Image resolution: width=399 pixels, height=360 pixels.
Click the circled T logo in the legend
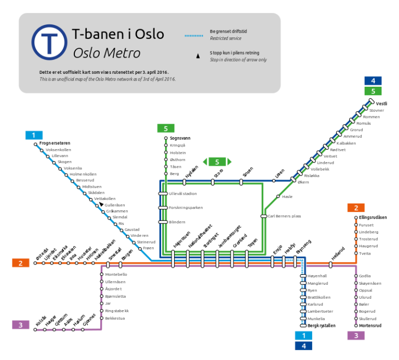[49, 42]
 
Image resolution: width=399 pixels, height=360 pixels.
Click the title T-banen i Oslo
[118, 34]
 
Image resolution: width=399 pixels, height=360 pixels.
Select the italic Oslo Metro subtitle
[107, 53]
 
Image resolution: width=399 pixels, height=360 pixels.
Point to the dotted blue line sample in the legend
[194, 36]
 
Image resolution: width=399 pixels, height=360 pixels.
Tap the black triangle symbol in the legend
[197, 56]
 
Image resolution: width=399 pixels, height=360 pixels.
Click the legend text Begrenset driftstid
[228, 32]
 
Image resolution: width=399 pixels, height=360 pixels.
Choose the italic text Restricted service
[225, 38]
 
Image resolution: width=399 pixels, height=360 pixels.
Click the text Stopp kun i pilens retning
[234, 53]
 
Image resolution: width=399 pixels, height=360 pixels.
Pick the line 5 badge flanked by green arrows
[217, 162]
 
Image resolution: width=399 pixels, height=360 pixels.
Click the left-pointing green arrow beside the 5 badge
[205, 162]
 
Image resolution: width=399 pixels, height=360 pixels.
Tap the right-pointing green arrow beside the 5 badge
[230, 162]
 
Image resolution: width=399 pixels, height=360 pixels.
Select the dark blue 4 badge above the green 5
[373, 81]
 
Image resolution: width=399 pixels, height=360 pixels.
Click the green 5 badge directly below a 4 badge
[373, 91]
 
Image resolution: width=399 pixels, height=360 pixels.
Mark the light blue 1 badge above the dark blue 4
[303, 336]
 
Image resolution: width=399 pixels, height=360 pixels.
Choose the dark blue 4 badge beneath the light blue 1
[303, 346]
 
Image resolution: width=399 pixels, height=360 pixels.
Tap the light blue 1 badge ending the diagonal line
[34, 135]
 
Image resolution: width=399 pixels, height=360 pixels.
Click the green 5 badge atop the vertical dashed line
[166, 128]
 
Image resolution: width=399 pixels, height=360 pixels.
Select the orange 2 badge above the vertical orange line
[356, 208]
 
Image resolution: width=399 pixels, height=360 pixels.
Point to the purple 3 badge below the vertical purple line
[356, 336]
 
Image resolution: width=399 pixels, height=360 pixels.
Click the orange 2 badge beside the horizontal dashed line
[21, 263]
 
